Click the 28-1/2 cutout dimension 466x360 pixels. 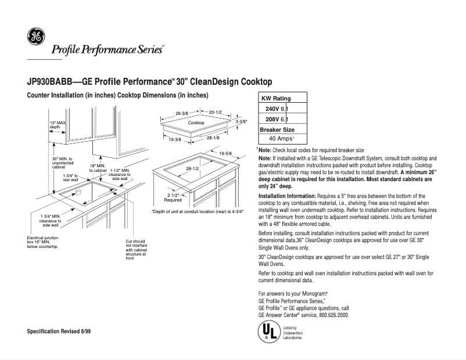pos(192,168)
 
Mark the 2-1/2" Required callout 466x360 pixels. pos(174,197)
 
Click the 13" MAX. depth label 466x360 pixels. pos(59,125)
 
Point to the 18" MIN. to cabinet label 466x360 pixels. pos(97,168)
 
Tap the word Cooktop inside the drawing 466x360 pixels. pos(196,123)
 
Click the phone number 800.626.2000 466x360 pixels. pos(330,315)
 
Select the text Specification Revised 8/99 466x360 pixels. pos(59,331)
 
